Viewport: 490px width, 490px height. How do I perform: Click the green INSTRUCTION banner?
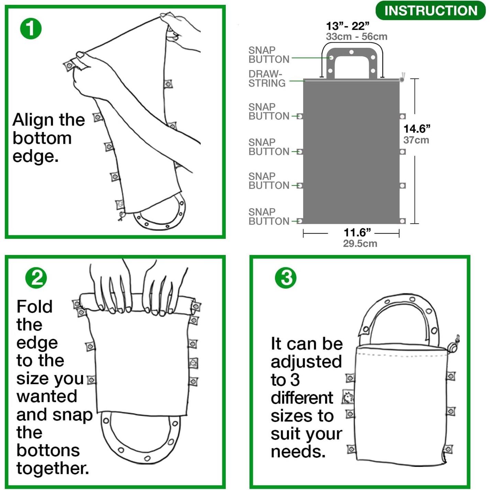431,11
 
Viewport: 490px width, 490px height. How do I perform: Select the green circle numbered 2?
36,278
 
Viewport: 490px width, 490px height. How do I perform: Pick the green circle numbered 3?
286,278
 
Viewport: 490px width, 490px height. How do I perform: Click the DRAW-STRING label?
267,79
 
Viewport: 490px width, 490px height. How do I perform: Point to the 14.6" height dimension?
416,129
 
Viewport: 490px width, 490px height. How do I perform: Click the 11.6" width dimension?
357,233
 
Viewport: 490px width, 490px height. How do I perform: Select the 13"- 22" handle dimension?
347,26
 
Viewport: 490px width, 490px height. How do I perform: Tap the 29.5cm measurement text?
360,244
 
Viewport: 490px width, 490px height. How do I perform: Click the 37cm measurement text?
416,140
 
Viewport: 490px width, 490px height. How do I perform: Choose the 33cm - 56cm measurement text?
356,36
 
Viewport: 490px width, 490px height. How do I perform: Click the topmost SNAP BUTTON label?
269,55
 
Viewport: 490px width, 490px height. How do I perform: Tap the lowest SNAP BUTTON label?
269,217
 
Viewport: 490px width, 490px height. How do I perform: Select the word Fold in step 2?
34,307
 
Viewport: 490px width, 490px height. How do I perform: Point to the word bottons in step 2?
48,450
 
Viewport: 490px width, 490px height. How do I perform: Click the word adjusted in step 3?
306,362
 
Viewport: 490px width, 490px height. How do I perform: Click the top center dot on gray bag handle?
351,52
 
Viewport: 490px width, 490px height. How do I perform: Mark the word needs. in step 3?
298,452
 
